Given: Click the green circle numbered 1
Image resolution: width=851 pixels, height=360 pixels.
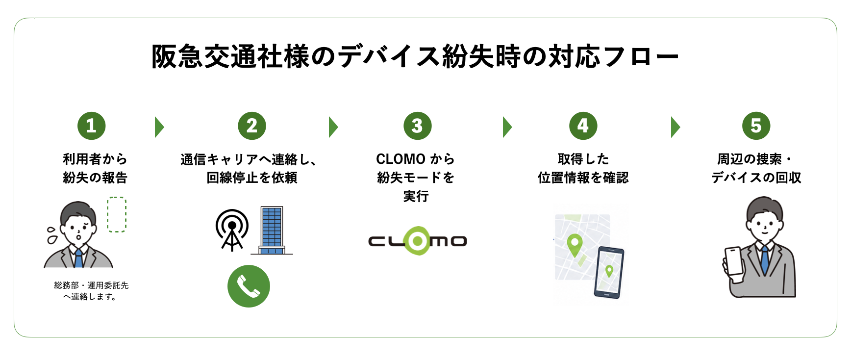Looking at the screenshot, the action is click(x=92, y=126).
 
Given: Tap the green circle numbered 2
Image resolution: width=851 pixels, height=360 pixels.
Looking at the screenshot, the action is click(x=252, y=126).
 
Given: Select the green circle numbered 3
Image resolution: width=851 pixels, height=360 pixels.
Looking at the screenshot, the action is click(x=417, y=126).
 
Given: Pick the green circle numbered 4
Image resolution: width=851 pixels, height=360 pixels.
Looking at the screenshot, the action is click(x=583, y=126).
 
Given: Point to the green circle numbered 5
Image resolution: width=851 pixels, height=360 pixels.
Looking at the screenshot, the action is click(x=756, y=126).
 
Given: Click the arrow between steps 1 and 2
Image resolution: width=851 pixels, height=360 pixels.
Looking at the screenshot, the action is click(x=159, y=127).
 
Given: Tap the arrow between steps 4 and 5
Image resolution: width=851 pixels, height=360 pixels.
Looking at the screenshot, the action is click(x=676, y=127).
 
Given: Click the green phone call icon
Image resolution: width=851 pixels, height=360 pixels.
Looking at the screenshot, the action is click(x=249, y=286).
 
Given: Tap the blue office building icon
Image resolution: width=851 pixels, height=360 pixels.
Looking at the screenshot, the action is click(x=272, y=230).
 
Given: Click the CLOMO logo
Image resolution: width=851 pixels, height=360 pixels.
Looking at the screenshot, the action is click(x=418, y=241).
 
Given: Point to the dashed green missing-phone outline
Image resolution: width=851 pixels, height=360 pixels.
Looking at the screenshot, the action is click(x=117, y=214).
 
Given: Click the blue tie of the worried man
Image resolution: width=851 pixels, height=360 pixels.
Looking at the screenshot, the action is click(x=78, y=258).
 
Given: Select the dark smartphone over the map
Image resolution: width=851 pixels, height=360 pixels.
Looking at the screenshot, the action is click(x=609, y=273).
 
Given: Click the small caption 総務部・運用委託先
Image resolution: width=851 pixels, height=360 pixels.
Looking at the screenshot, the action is click(x=91, y=285).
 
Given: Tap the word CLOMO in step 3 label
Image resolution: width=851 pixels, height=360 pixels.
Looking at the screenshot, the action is click(x=400, y=159).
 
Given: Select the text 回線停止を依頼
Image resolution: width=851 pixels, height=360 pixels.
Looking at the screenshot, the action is click(x=252, y=178).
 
